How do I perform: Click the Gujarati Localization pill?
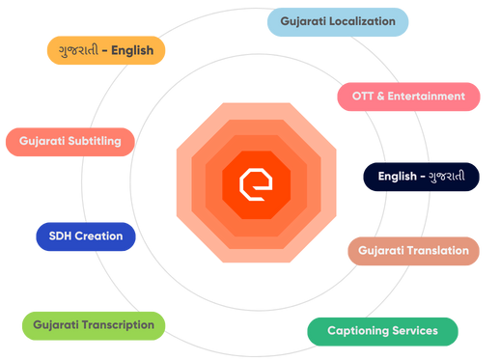pyautogui.click(x=337, y=21)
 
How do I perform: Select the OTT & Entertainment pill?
pyautogui.click(x=409, y=96)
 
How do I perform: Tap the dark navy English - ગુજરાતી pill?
pyautogui.click(x=421, y=177)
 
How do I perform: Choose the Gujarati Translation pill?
pyautogui.click(x=413, y=251)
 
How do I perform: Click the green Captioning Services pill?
pyautogui.click(x=382, y=331)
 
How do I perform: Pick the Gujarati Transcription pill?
pyautogui.click(x=94, y=325)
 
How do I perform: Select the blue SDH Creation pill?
pyautogui.click(x=86, y=236)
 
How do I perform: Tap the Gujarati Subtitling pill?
pyautogui.click(x=76, y=142)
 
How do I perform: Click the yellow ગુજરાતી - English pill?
pyautogui.click(x=106, y=50)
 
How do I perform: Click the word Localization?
pyautogui.click(x=361, y=21)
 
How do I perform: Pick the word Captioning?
pyautogui.click(x=358, y=331)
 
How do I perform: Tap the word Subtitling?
pyautogui.click(x=94, y=142)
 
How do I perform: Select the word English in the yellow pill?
pyautogui.click(x=131, y=50)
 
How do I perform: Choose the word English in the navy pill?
pyautogui.click(x=397, y=177)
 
